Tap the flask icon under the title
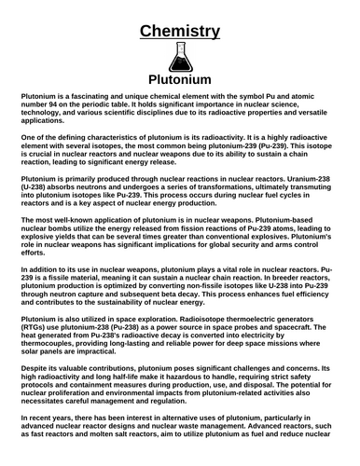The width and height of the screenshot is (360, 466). click(179, 59)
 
